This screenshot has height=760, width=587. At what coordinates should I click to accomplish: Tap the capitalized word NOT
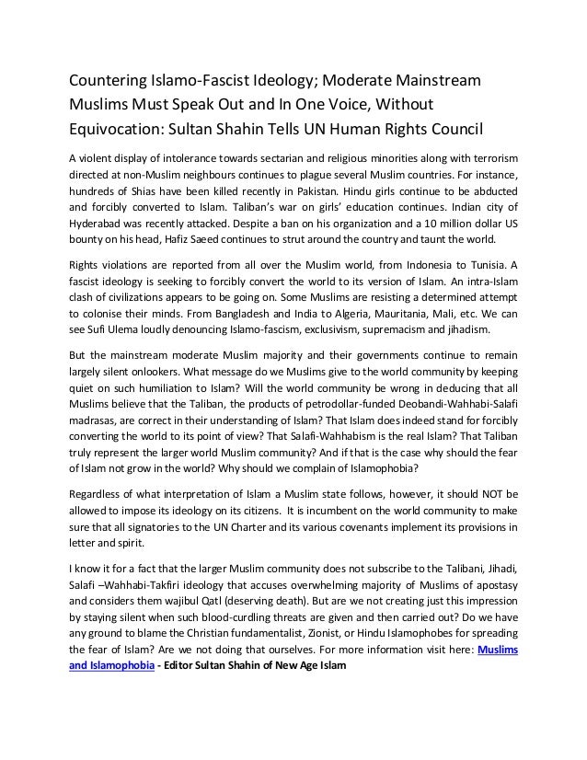[478, 496]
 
